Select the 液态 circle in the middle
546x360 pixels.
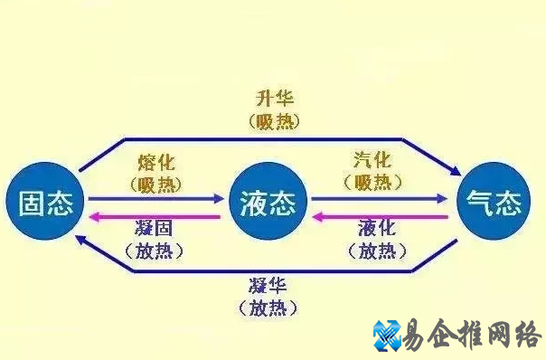268,204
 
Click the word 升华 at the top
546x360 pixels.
273,99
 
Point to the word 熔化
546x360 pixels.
156,163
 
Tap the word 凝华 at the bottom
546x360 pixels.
273,289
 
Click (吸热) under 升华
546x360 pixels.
273,120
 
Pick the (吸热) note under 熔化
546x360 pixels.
156,184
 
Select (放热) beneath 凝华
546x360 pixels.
273,309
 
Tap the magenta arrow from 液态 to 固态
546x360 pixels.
154,216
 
